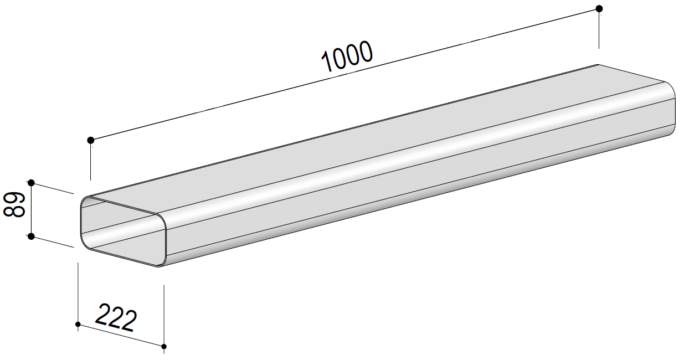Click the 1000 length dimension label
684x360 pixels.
click(x=347, y=57)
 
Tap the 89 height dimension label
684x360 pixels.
click(x=14, y=204)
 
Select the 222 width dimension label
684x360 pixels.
click(x=116, y=317)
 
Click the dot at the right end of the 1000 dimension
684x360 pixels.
click(x=599, y=8)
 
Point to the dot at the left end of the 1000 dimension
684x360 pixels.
click(x=91, y=140)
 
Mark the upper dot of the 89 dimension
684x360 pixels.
click(x=31, y=183)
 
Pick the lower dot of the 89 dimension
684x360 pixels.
click(x=31, y=236)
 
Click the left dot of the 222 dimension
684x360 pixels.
click(x=78, y=324)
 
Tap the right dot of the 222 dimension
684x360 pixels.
click(x=164, y=346)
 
